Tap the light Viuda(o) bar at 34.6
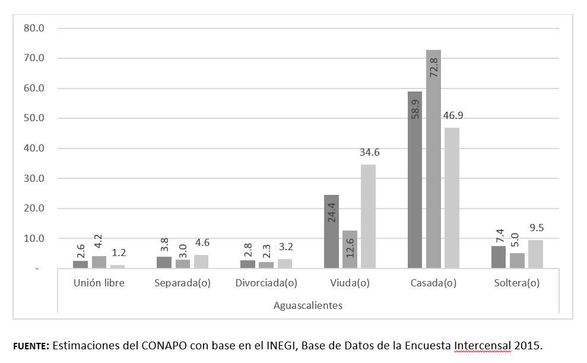pos(368,216)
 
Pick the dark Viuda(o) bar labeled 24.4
pos(331,232)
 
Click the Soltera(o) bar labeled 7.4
pos(499,257)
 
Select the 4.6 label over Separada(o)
pos(202,242)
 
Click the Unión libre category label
pos(99,283)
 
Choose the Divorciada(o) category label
pos(266,283)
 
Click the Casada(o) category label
pos(433,283)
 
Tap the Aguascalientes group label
pos(307,305)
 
